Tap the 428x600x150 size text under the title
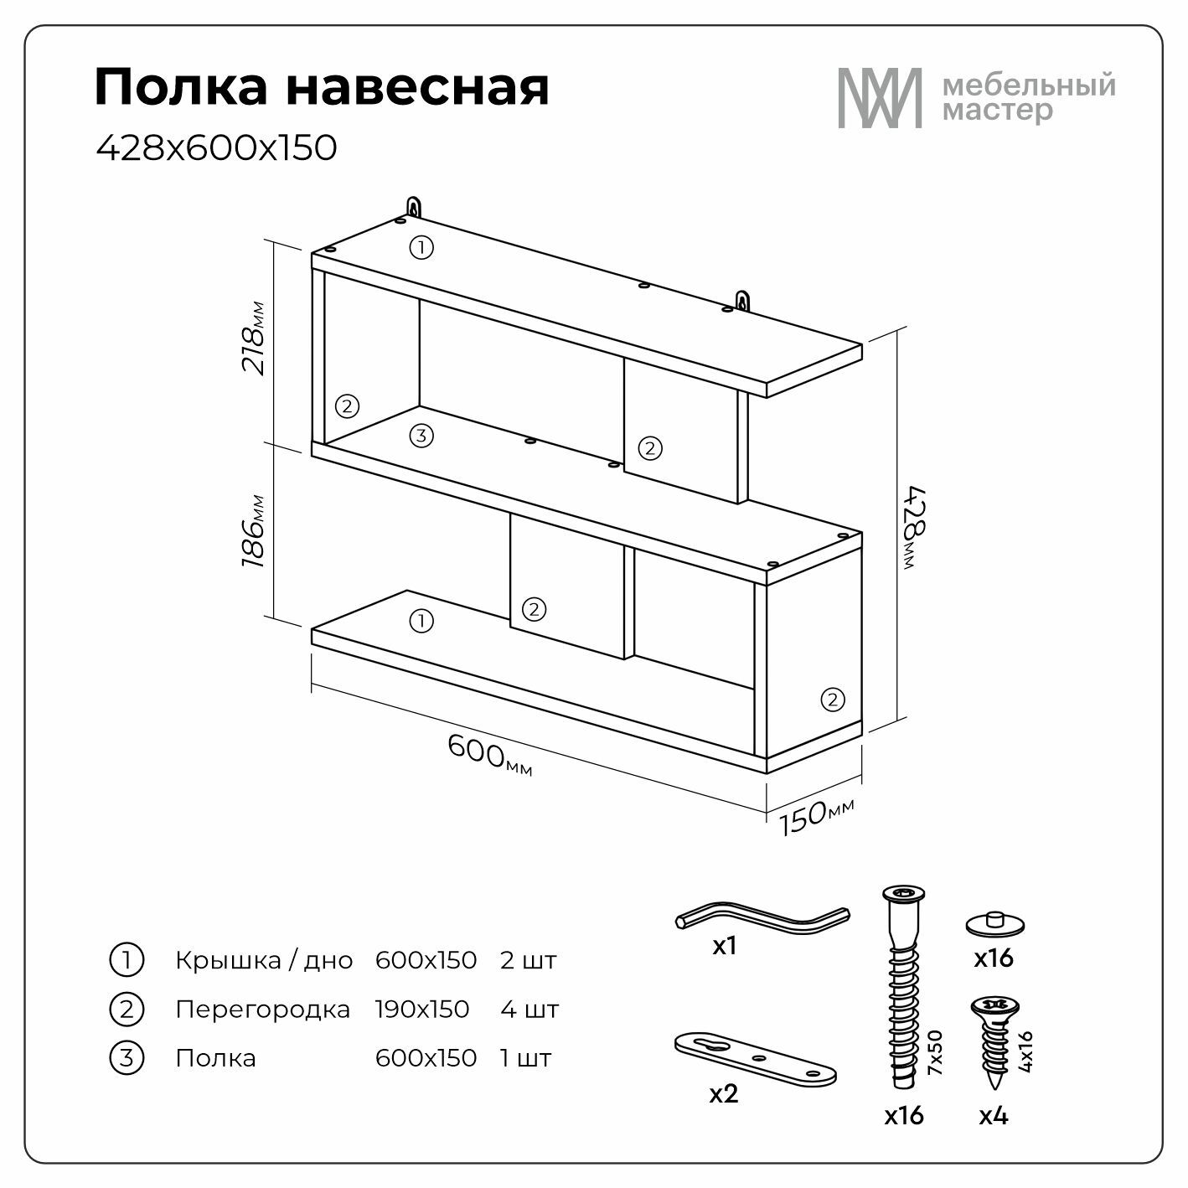point(216,147)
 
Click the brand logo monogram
point(879,98)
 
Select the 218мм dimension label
point(253,338)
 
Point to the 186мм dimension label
point(253,531)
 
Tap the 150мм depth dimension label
point(816,816)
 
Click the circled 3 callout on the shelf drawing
point(421,436)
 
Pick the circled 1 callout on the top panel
point(421,248)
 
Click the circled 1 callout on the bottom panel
point(421,621)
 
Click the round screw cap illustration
point(995,924)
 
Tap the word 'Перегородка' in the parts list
point(262,1010)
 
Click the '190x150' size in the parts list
point(422,1010)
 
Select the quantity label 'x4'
point(994,1116)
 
